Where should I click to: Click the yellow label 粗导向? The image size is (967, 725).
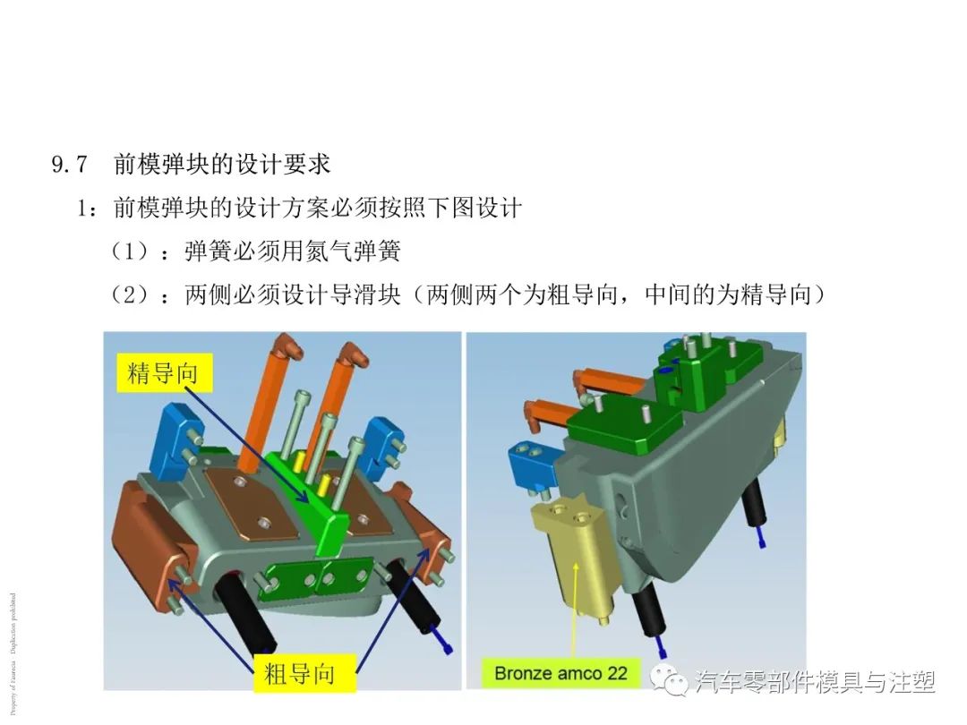[x=299, y=672]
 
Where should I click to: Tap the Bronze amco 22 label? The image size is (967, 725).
[x=561, y=671]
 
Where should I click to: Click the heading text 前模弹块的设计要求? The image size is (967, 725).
[x=222, y=165]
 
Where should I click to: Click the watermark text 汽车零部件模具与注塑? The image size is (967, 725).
[x=815, y=682]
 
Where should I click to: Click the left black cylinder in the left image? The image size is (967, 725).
[x=244, y=618]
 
